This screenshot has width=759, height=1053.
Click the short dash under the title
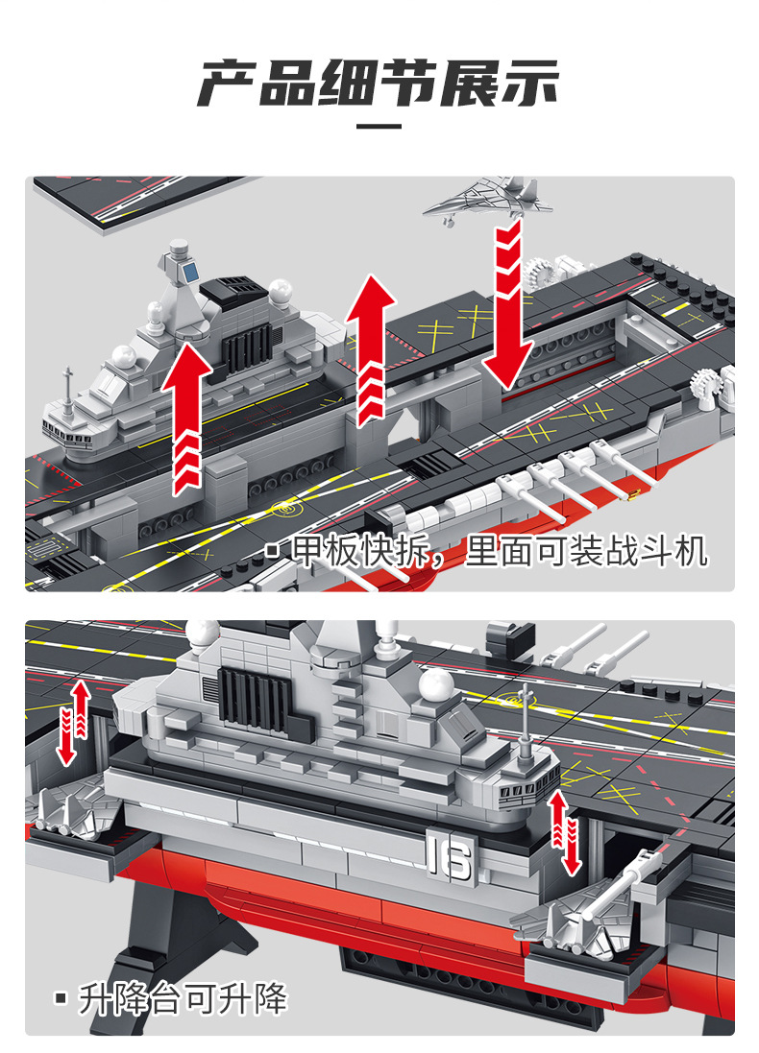(x=379, y=125)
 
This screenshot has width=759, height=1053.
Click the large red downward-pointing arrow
(x=507, y=307)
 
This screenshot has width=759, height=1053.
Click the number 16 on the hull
(x=448, y=856)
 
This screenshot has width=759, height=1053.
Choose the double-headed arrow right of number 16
(x=566, y=832)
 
